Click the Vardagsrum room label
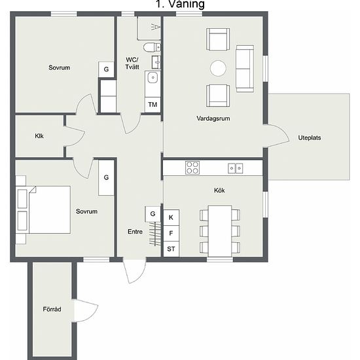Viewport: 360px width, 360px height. point(213,118)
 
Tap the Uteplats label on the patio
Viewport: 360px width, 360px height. point(309,137)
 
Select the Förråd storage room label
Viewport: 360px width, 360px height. point(52,309)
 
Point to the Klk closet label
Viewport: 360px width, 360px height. point(39,136)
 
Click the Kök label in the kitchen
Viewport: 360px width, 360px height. point(219,190)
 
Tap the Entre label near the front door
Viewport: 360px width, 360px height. point(135,232)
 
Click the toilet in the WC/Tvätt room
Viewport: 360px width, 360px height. point(152,47)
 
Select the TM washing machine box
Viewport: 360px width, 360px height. point(153,105)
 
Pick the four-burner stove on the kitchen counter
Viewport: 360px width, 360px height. point(192,168)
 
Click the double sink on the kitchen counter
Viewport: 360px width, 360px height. point(236,168)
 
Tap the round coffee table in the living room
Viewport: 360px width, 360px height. point(218,68)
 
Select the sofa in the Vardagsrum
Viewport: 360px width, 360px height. point(245,69)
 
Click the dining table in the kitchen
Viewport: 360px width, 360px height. point(220,231)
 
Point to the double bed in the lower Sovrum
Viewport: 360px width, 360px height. point(44,210)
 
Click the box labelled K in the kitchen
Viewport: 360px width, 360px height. point(171,217)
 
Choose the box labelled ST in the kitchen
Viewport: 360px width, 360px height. point(171,249)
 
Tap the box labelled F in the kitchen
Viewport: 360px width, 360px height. point(171,233)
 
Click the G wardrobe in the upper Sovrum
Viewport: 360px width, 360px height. point(106,69)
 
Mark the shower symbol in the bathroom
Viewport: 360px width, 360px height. point(156,27)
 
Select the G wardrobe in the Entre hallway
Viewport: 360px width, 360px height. point(153,214)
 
